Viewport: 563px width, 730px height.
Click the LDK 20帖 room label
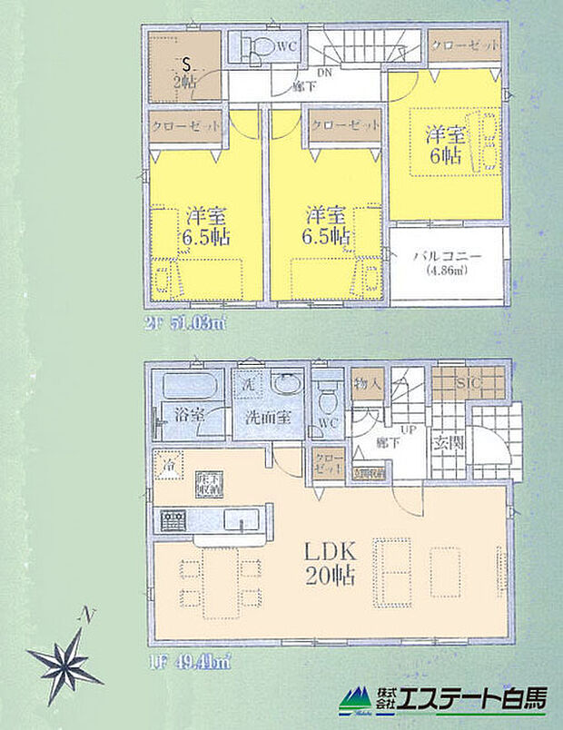(318, 562)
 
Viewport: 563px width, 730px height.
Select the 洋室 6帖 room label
(445, 145)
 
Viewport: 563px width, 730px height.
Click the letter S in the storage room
(186, 64)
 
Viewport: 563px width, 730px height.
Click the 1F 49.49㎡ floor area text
(193, 663)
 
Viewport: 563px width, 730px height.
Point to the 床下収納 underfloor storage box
(208, 483)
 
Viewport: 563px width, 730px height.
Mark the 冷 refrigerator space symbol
(168, 465)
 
